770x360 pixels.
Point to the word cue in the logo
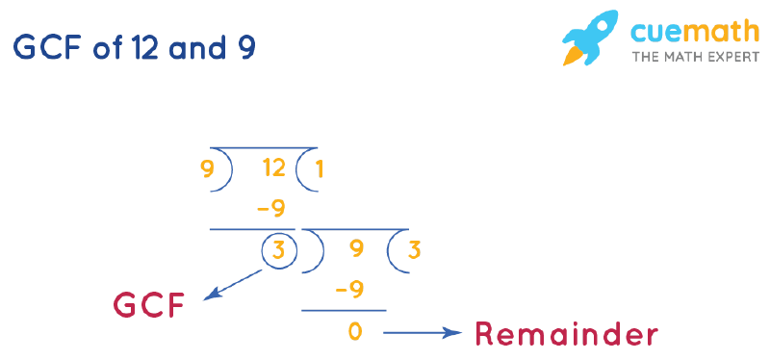click(x=655, y=32)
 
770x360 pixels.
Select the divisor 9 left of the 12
click(x=206, y=170)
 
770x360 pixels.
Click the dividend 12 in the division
click(x=273, y=169)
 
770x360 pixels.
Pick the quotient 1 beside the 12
click(x=319, y=170)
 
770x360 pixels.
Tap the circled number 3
click(x=277, y=251)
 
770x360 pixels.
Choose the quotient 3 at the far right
click(x=414, y=250)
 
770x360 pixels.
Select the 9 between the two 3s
click(x=356, y=250)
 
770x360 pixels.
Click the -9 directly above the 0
click(x=351, y=290)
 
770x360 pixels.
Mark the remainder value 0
click(x=355, y=332)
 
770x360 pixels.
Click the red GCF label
click(x=149, y=306)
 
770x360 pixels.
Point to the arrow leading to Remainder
click(x=423, y=333)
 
